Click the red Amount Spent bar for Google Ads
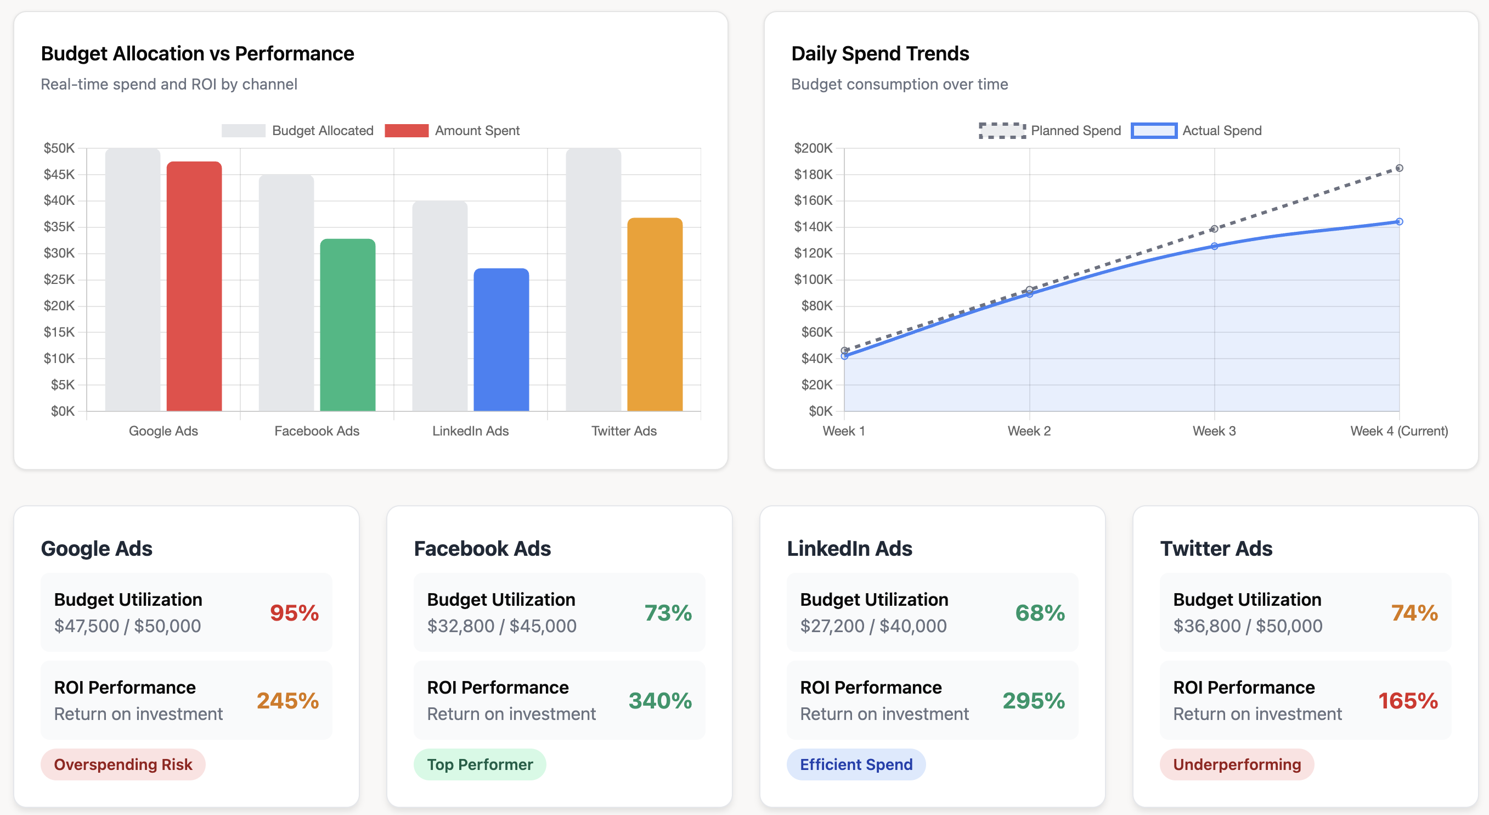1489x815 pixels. [x=194, y=286]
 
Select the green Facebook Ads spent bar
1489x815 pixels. [x=347, y=325]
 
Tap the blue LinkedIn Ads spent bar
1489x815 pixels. [x=501, y=339]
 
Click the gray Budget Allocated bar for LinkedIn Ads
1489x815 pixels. [x=439, y=306]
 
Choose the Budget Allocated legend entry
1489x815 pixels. [x=298, y=131]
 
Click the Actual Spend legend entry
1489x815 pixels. [x=1196, y=131]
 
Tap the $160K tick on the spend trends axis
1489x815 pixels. [x=813, y=200]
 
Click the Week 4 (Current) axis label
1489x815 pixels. [x=1398, y=431]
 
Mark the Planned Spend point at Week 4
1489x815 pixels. [x=1399, y=168]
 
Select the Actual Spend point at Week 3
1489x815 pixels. [x=1214, y=247]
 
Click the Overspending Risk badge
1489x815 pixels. [x=123, y=764]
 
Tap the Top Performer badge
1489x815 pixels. [x=480, y=764]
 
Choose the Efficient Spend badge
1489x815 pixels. [x=855, y=764]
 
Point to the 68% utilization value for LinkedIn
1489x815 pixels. [x=1039, y=612]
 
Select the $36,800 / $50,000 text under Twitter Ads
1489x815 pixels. [x=1248, y=626]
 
